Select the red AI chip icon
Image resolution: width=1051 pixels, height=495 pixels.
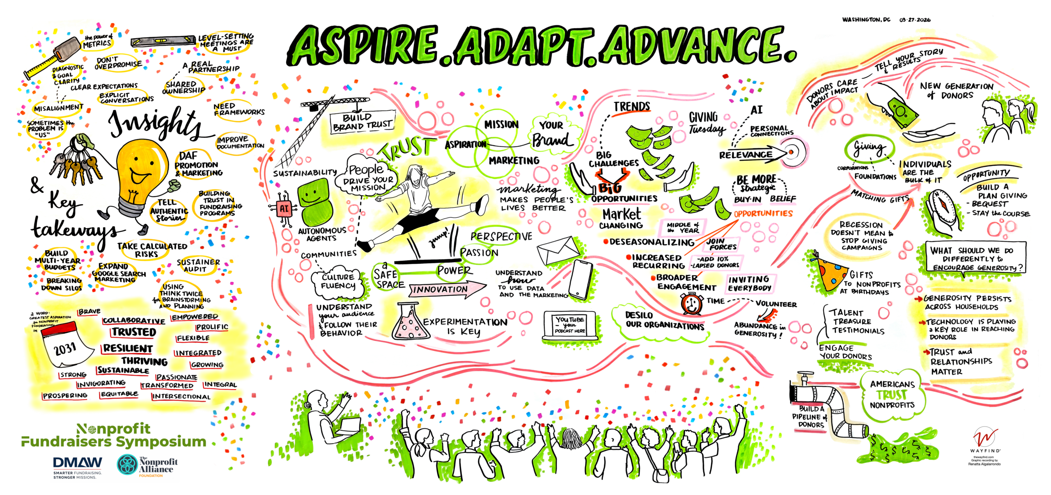point(284,208)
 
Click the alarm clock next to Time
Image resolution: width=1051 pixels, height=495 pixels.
point(692,304)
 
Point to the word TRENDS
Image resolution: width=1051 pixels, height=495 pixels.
point(631,107)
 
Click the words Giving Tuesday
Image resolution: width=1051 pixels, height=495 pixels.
point(706,123)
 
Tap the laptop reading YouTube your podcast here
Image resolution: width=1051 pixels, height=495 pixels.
point(570,326)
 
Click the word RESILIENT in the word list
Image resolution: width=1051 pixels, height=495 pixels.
point(128,348)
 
